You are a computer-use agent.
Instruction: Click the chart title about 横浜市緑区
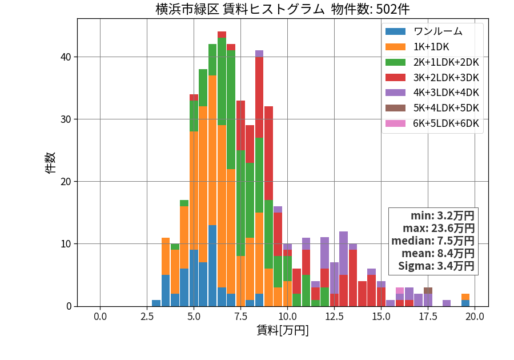283,9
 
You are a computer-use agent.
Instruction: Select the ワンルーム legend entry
424,31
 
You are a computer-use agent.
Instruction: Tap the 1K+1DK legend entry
417,47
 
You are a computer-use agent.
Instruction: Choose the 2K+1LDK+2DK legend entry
432,62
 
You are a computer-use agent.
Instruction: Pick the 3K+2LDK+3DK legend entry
432,78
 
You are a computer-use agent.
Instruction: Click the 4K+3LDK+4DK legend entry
432,93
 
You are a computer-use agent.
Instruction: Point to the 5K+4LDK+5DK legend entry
432,108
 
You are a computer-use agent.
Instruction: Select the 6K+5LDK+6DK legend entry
432,123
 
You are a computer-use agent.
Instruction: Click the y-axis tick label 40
66,57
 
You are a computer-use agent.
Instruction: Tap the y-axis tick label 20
66,182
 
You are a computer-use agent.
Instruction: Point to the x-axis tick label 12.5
334,317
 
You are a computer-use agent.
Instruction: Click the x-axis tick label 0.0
100,317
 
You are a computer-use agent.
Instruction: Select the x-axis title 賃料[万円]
283,330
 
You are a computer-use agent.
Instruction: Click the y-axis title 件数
50,163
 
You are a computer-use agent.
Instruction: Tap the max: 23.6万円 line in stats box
439,228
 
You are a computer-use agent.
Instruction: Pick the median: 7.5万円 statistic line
433,241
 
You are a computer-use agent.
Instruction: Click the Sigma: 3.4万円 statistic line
436,266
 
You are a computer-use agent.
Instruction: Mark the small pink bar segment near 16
400,290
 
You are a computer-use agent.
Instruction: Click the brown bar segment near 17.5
428,290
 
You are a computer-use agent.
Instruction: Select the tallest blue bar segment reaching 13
212,266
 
